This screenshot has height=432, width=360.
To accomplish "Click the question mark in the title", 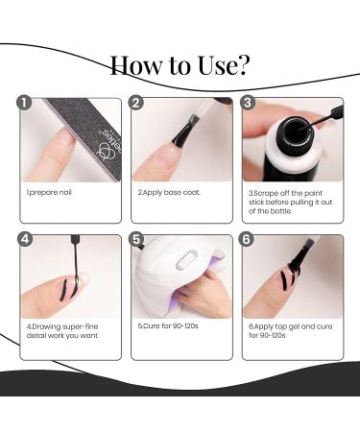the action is tap(243, 65).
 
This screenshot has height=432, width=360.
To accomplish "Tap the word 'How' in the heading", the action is tap(136, 65).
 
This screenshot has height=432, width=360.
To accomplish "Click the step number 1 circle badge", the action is tap(24, 102).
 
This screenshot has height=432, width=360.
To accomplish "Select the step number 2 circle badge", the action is tap(136, 103).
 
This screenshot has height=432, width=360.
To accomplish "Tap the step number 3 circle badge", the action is tap(248, 103).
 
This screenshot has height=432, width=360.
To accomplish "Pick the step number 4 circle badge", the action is tap(25, 239).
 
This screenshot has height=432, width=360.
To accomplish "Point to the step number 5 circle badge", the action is tap(136, 239).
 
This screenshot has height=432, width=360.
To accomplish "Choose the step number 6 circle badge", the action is tap(247, 239).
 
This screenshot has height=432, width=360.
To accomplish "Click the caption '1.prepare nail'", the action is tap(49, 192).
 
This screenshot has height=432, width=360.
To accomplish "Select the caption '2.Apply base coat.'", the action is tap(169, 192).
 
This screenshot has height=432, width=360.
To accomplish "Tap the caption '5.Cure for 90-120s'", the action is tap(168, 325).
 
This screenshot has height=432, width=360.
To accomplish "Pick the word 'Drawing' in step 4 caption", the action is tap(47, 326).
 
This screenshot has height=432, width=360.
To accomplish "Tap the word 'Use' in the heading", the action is tap(217, 65).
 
